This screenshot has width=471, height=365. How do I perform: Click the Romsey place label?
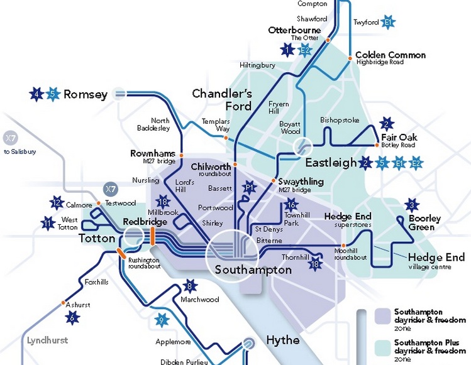(x=86, y=95)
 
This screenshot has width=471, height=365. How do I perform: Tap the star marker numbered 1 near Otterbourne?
(x=288, y=50)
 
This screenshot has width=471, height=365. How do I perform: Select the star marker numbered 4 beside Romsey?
(x=37, y=94)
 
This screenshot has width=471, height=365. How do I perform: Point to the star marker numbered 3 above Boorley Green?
(x=413, y=205)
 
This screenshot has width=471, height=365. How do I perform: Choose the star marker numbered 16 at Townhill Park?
(x=290, y=204)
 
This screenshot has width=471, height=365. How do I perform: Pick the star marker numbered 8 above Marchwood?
(x=189, y=286)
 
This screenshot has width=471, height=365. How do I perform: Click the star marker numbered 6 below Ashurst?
(x=73, y=318)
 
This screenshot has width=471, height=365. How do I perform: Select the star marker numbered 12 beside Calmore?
(x=57, y=202)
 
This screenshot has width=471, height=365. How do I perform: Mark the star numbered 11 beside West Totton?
(x=48, y=222)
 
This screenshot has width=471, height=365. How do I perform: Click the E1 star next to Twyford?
(x=388, y=23)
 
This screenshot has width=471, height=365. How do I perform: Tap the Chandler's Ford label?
(x=221, y=100)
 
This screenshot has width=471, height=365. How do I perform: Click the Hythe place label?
(x=282, y=340)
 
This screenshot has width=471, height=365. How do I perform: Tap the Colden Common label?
(x=390, y=55)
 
